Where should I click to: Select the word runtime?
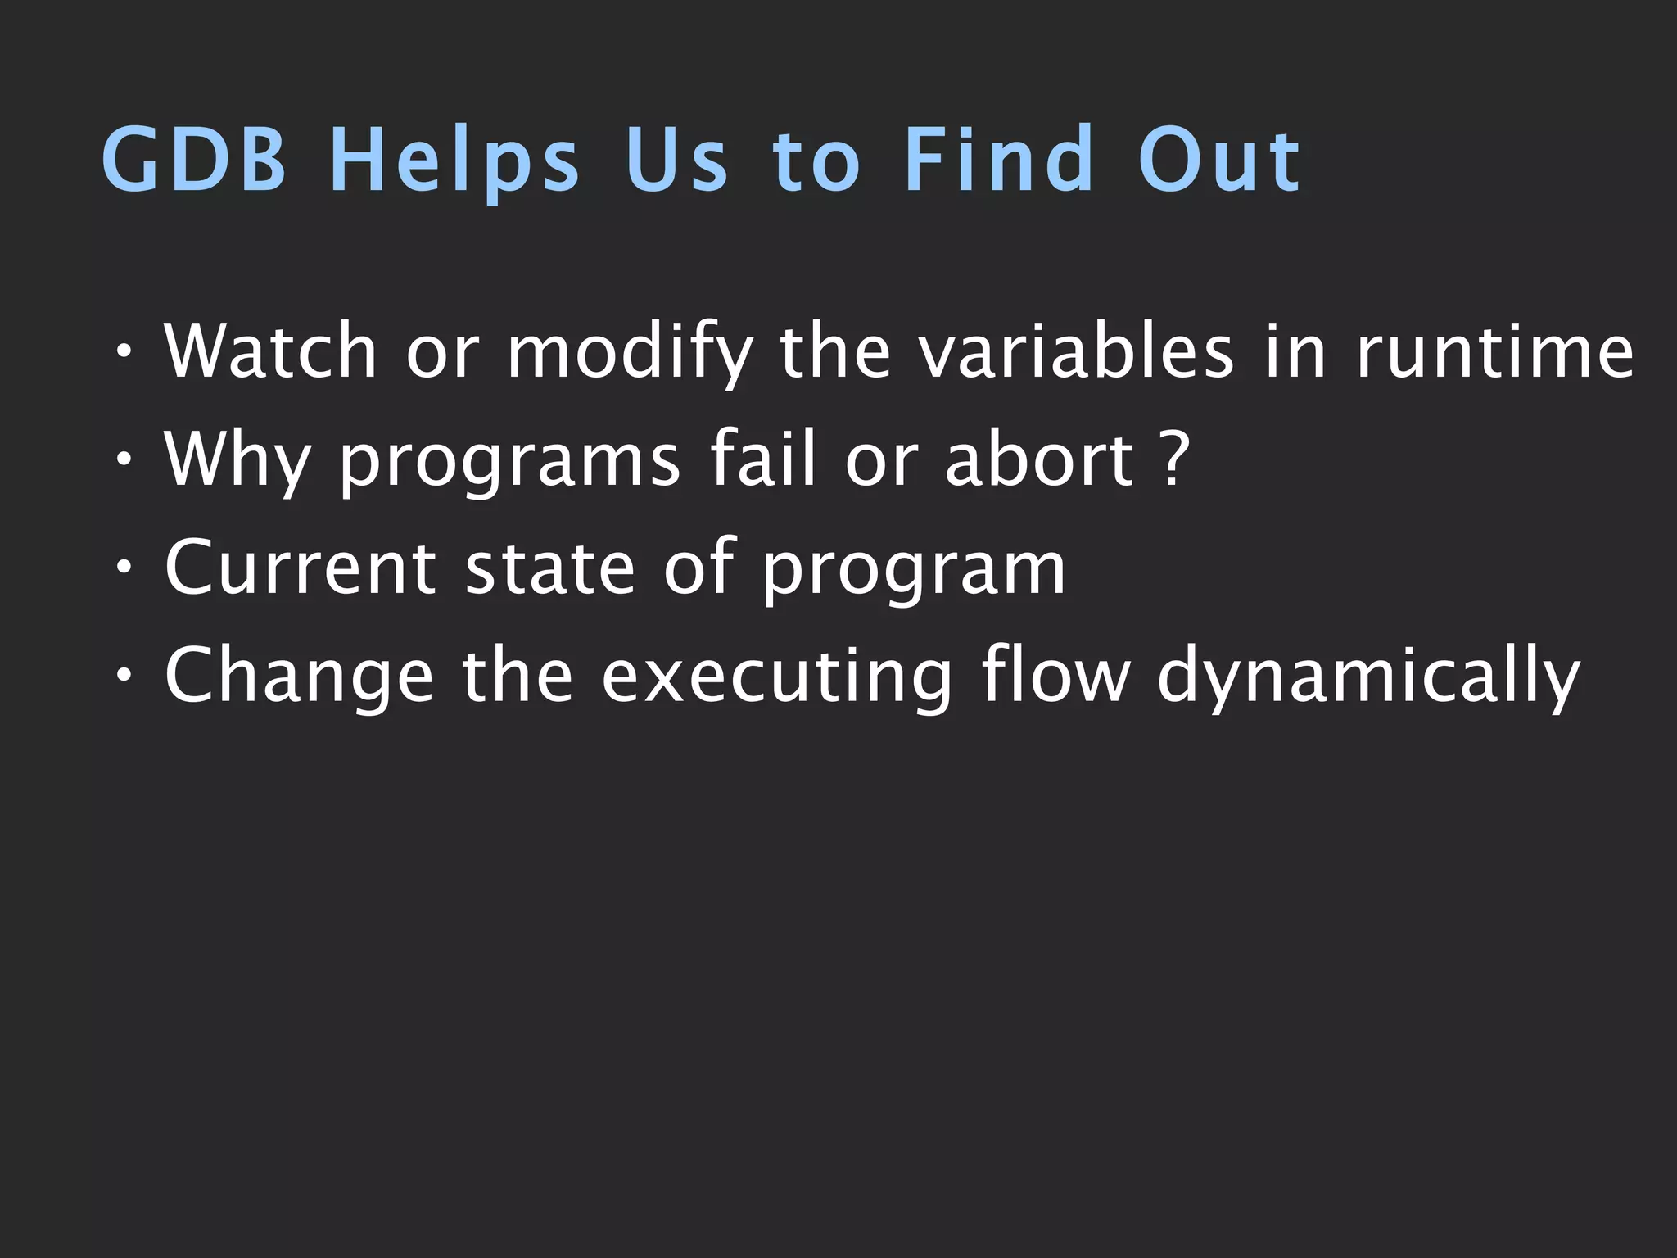(x=1495, y=352)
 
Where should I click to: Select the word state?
(x=549, y=569)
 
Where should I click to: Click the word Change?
(x=298, y=678)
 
